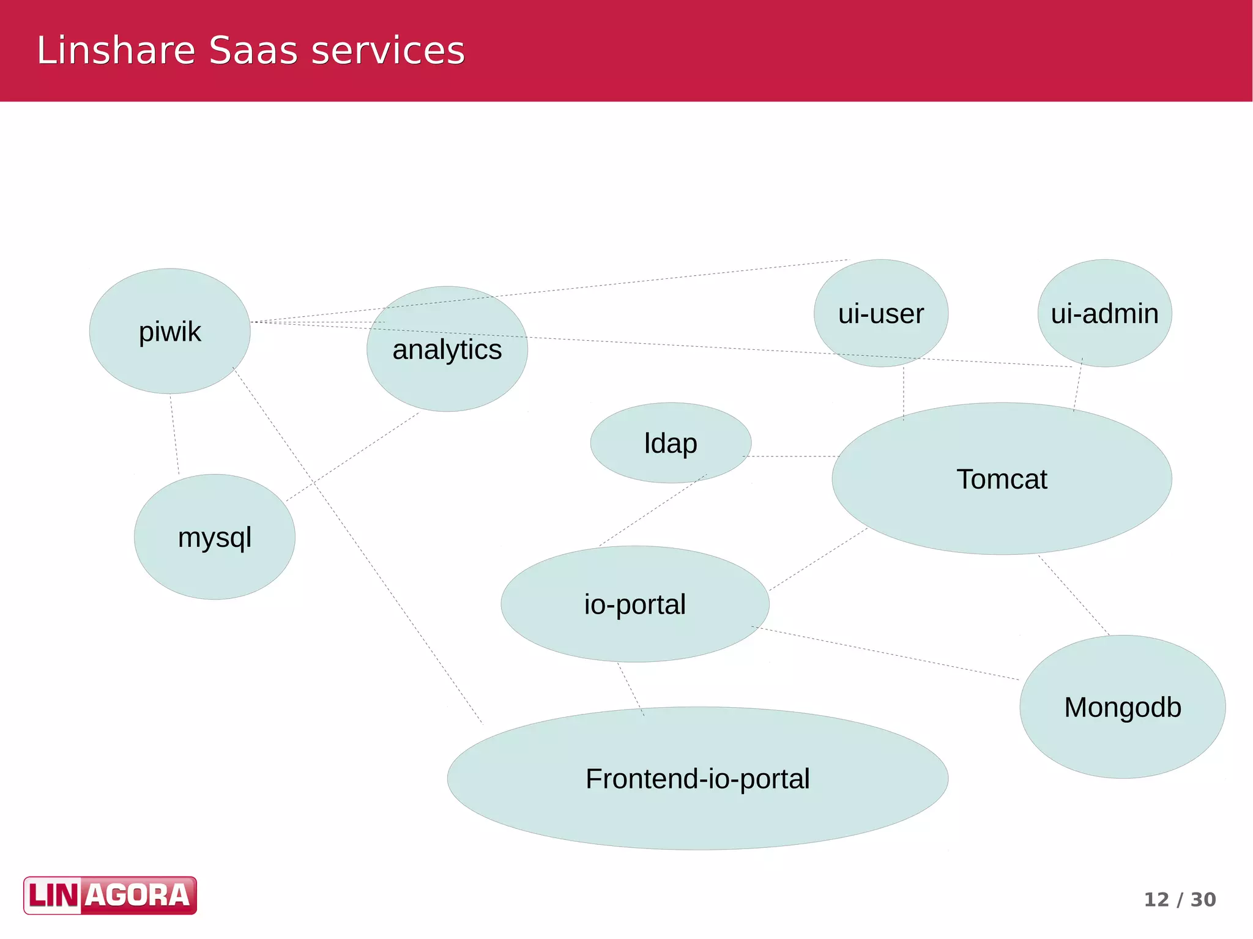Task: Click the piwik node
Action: [x=169, y=331]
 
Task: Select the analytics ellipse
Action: [x=447, y=349]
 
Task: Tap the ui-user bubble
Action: [x=880, y=313]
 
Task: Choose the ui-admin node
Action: [x=1104, y=313]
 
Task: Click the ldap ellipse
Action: [x=670, y=443]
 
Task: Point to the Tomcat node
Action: [x=1002, y=479]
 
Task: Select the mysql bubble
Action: [x=214, y=537]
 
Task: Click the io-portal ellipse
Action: [x=634, y=604]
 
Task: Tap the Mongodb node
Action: [x=1122, y=707]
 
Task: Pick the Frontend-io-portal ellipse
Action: [x=697, y=779]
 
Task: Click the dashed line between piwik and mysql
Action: [x=174, y=434]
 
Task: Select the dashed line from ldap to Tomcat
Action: [x=792, y=456]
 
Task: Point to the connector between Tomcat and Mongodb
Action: [x=1074, y=595]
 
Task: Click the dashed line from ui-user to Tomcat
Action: [x=904, y=393]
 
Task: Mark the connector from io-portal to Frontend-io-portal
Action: [x=631, y=689]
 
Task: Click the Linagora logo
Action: [x=110, y=895]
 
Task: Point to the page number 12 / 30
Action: [x=1180, y=899]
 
